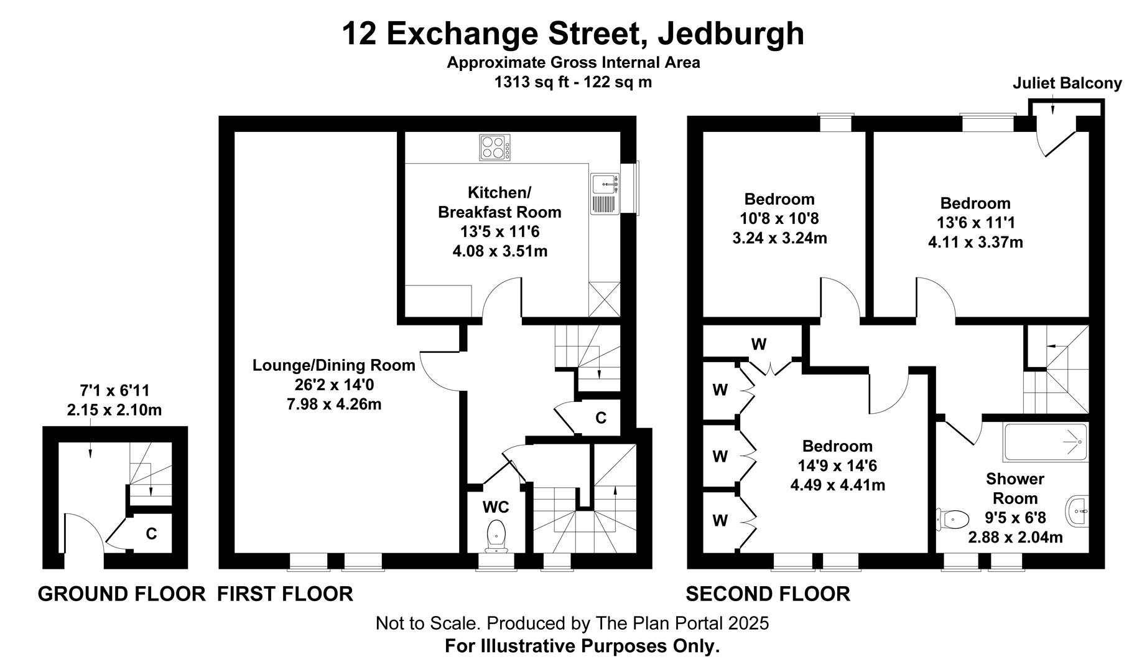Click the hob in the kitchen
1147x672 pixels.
click(x=495, y=148)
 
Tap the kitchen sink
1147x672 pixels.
click(x=604, y=194)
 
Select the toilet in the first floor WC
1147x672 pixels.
click(x=496, y=535)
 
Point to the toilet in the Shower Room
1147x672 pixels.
click(x=953, y=518)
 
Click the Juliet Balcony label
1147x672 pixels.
click(x=1067, y=83)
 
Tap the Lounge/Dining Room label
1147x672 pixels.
click(x=334, y=365)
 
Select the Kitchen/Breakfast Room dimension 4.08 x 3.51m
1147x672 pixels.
click(x=500, y=251)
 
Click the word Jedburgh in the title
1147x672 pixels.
click(x=731, y=34)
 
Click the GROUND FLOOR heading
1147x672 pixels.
click(x=122, y=594)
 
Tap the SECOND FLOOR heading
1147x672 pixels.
click(x=768, y=594)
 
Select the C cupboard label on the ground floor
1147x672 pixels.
click(x=151, y=534)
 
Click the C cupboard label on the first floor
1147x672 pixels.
click(x=601, y=418)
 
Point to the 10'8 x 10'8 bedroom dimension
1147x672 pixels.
click(x=779, y=218)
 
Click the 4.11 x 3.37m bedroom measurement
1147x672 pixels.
click(x=975, y=242)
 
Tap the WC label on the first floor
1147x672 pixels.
click(x=496, y=508)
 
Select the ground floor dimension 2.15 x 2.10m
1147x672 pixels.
click(x=114, y=410)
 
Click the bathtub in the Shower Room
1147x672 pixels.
click(x=1046, y=442)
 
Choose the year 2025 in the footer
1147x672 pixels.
click(x=750, y=623)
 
